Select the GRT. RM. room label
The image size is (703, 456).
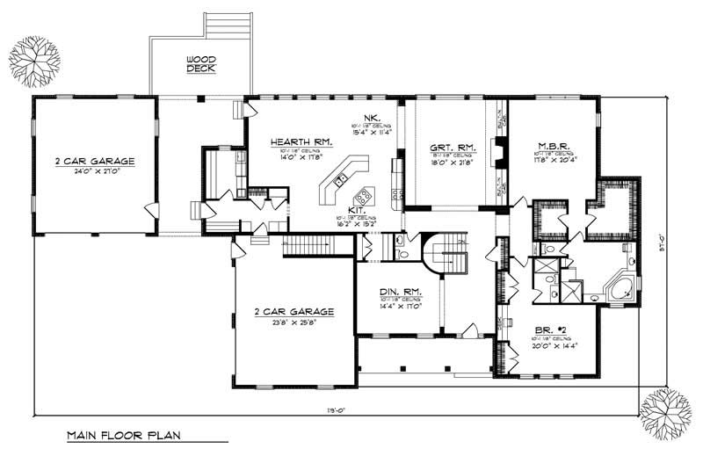coord(453,147)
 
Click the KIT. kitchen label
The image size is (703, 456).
coord(358,212)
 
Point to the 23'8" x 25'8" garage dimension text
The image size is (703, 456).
coord(293,322)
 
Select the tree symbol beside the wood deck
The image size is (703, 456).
coord(34,62)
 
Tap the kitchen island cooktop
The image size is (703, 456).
coord(362,193)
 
